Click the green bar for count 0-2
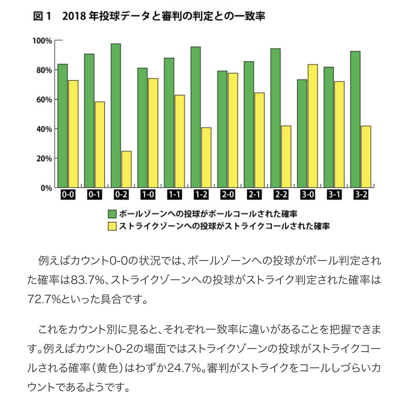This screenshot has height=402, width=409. click(116, 116)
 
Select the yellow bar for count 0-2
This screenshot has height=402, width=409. click(127, 169)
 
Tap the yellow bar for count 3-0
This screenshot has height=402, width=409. click(312, 126)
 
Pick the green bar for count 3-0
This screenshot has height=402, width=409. click(302, 133)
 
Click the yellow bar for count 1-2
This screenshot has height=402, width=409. click(206, 157)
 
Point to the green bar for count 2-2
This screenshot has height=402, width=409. click(275, 118)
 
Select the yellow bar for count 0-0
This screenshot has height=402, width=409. click(73, 134)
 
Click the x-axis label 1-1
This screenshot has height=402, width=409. click(174, 195)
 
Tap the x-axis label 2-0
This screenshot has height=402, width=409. click(228, 195)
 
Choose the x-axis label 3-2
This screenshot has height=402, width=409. click(361, 195)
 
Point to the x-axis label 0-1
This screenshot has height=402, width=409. click(94, 195)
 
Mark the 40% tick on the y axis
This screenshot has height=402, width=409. click(44, 129)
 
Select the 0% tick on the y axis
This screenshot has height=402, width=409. click(46, 188)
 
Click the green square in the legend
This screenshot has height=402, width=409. click(112, 214)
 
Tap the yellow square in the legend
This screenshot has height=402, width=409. click(112, 226)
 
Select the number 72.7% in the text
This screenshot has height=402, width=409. click(44, 299)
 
